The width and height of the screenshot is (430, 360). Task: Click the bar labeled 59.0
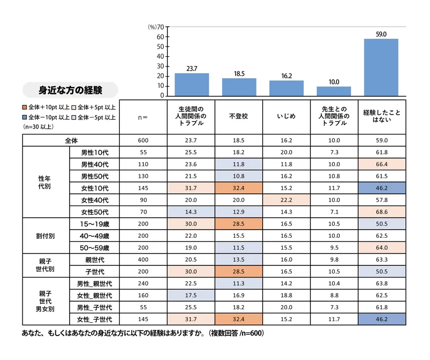[x=381, y=67]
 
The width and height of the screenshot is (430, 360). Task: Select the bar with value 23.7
[x=191, y=84]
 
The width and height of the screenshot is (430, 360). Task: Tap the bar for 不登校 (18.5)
[x=239, y=87]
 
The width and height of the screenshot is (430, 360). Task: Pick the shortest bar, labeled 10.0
[x=334, y=91]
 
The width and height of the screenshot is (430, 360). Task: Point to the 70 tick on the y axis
[x=160, y=27]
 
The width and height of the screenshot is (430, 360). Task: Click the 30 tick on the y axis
[x=160, y=66]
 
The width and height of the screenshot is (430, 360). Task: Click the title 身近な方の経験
[x=71, y=91]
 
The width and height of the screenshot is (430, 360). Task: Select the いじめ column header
[x=286, y=116]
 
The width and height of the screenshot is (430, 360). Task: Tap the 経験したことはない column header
[x=381, y=116]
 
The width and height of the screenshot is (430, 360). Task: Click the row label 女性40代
[x=95, y=199]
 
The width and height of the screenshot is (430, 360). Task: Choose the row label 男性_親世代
[x=95, y=283]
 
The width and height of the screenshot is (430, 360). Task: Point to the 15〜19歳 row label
[x=95, y=223]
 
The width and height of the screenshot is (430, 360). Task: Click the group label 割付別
[x=45, y=236]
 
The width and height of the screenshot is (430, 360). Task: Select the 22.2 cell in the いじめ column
[x=286, y=199]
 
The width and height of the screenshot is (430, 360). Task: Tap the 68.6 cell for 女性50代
[x=381, y=212]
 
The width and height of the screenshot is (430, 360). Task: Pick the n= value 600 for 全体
[x=143, y=140]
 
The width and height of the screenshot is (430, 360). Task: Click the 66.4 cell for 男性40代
[x=381, y=164]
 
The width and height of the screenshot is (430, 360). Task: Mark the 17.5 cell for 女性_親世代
[x=191, y=295]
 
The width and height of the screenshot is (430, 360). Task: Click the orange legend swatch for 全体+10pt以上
[x=25, y=107]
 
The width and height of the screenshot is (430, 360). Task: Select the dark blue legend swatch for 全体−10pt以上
[x=25, y=117]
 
